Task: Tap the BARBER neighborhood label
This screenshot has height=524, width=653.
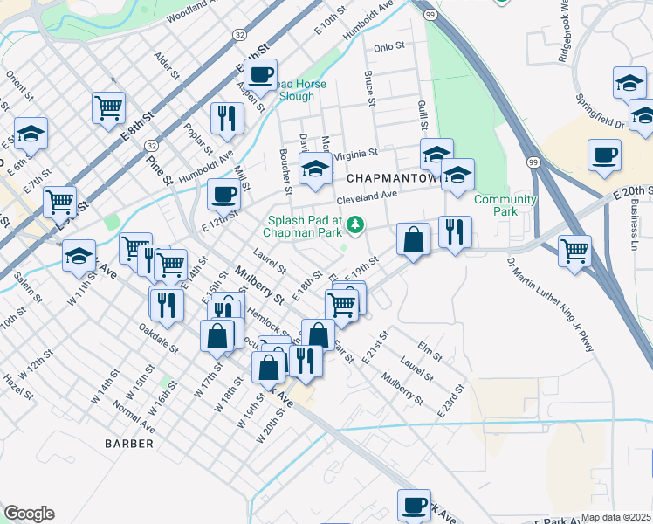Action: [129, 444]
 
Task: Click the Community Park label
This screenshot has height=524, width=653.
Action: [505, 206]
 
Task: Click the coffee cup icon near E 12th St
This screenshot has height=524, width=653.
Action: [224, 193]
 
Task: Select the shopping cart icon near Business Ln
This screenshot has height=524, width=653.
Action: [574, 250]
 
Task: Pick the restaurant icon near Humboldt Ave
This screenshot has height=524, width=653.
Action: [227, 118]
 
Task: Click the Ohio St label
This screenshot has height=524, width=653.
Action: [389, 46]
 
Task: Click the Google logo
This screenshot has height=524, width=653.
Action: [29, 514]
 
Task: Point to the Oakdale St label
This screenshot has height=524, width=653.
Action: [157, 339]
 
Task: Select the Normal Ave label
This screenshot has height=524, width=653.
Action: [135, 417]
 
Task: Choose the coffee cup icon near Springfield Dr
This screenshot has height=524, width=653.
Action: [604, 155]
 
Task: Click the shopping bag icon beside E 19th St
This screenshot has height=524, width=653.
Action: [413, 239]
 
